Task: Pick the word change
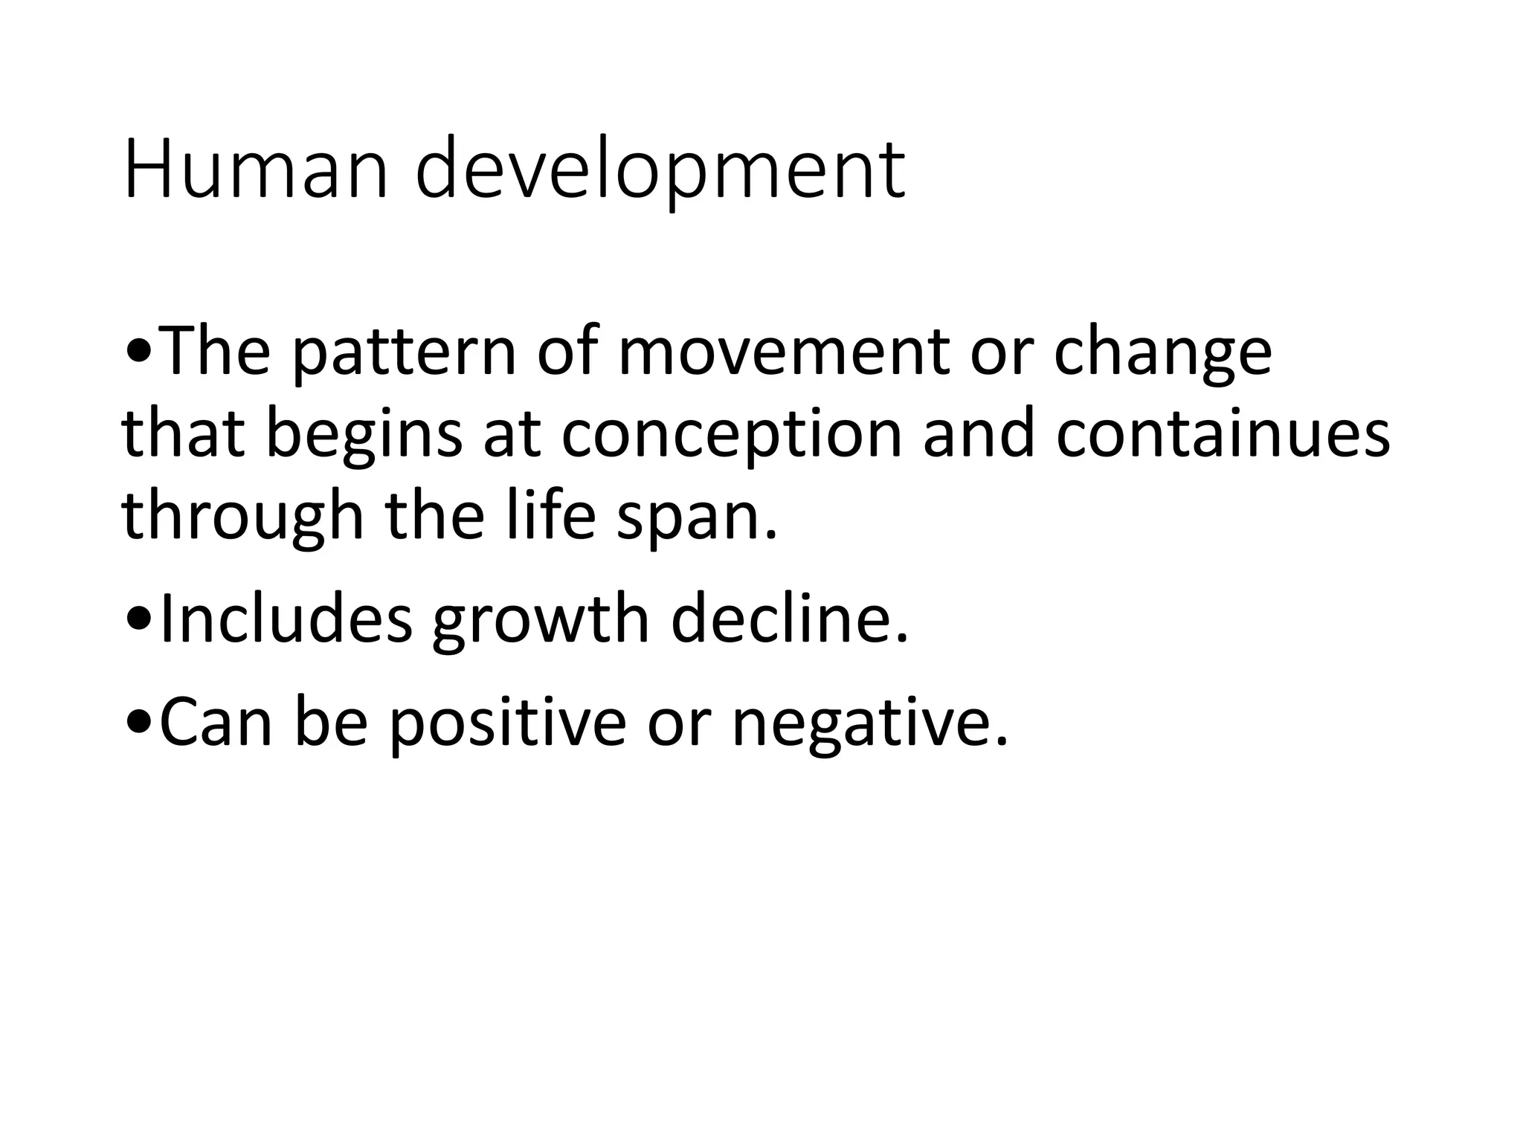coord(1162,355)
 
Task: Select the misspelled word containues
coord(1223,434)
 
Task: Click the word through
coord(242,518)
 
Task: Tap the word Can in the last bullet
coord(216,723)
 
